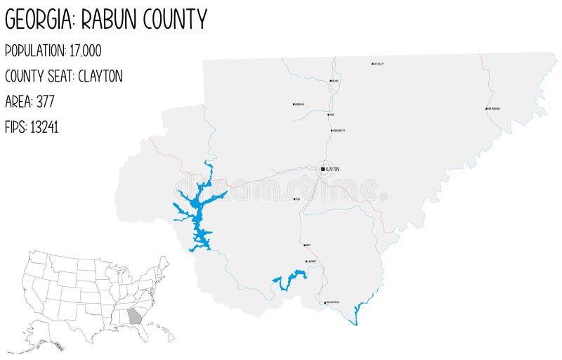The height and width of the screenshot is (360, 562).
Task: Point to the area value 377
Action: [x=46, y=101]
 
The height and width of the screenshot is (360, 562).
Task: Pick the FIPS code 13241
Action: [x=44, y=127]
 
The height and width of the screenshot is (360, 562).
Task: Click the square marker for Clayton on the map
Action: [x=322, y=169]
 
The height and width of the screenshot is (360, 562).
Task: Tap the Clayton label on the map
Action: [x=333, y=169]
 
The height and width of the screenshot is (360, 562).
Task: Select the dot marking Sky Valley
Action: [x=372, y=64]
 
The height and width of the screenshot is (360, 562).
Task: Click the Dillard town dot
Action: [x=330, y=81]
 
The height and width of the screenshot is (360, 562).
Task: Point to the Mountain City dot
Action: [x=331, y=131]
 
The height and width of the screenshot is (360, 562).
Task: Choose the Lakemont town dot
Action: [x=306, y=262]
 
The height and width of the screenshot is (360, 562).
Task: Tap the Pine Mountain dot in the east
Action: [x=486, y=109]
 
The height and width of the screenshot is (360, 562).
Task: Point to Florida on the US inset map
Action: [x=145, y=333]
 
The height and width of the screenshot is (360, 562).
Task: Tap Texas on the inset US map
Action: [x=84, y=320]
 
